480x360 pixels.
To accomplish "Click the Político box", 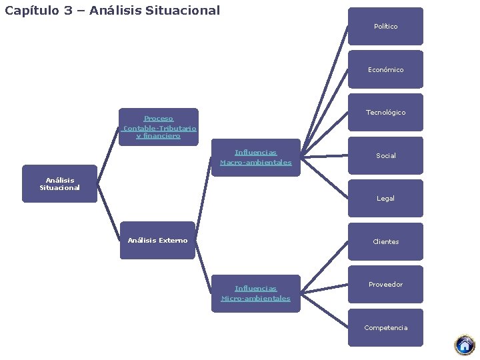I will point(385,26).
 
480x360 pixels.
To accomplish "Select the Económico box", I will point(385,69).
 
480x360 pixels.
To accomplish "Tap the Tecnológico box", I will point(385,112).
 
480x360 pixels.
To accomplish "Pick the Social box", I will point(385,155).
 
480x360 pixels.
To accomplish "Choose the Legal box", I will point(385,198).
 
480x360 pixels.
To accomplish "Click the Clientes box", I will point(385,241).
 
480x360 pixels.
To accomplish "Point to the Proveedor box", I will point(385,284).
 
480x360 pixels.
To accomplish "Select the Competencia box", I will point(385,327).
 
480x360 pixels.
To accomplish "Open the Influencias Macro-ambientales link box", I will point(256,157).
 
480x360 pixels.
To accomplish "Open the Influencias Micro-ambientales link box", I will point(256,293).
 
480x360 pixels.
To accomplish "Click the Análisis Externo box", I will point(157,240).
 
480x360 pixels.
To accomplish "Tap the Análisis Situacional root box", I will point(59,183).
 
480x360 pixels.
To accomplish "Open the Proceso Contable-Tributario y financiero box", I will point(159,127).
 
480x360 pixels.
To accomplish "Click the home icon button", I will point(464,345).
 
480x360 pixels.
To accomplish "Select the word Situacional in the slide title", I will point(186,10).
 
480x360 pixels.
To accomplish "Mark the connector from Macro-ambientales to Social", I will point(325,157).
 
